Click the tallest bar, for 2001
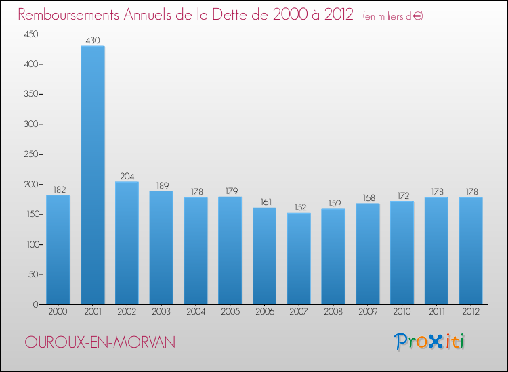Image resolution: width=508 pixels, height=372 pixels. tap(92, 175)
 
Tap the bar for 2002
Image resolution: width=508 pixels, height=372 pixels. tap(127, 243)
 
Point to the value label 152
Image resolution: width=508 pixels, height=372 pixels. tap(299, 208)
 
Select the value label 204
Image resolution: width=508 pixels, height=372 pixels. tap(127, 177)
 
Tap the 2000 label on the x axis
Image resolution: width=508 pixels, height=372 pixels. tap(58, 312)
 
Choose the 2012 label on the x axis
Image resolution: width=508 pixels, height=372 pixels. tap(471, 312)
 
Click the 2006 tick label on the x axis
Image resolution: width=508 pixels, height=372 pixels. tap(264, 312)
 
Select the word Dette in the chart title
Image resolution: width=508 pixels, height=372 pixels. tap(236, 15)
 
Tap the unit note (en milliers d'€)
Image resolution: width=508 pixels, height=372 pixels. tap(393, 16)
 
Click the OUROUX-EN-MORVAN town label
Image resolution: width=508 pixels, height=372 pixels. tap(100, 343)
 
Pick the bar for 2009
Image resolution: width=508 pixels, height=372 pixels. tap(367, 254)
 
